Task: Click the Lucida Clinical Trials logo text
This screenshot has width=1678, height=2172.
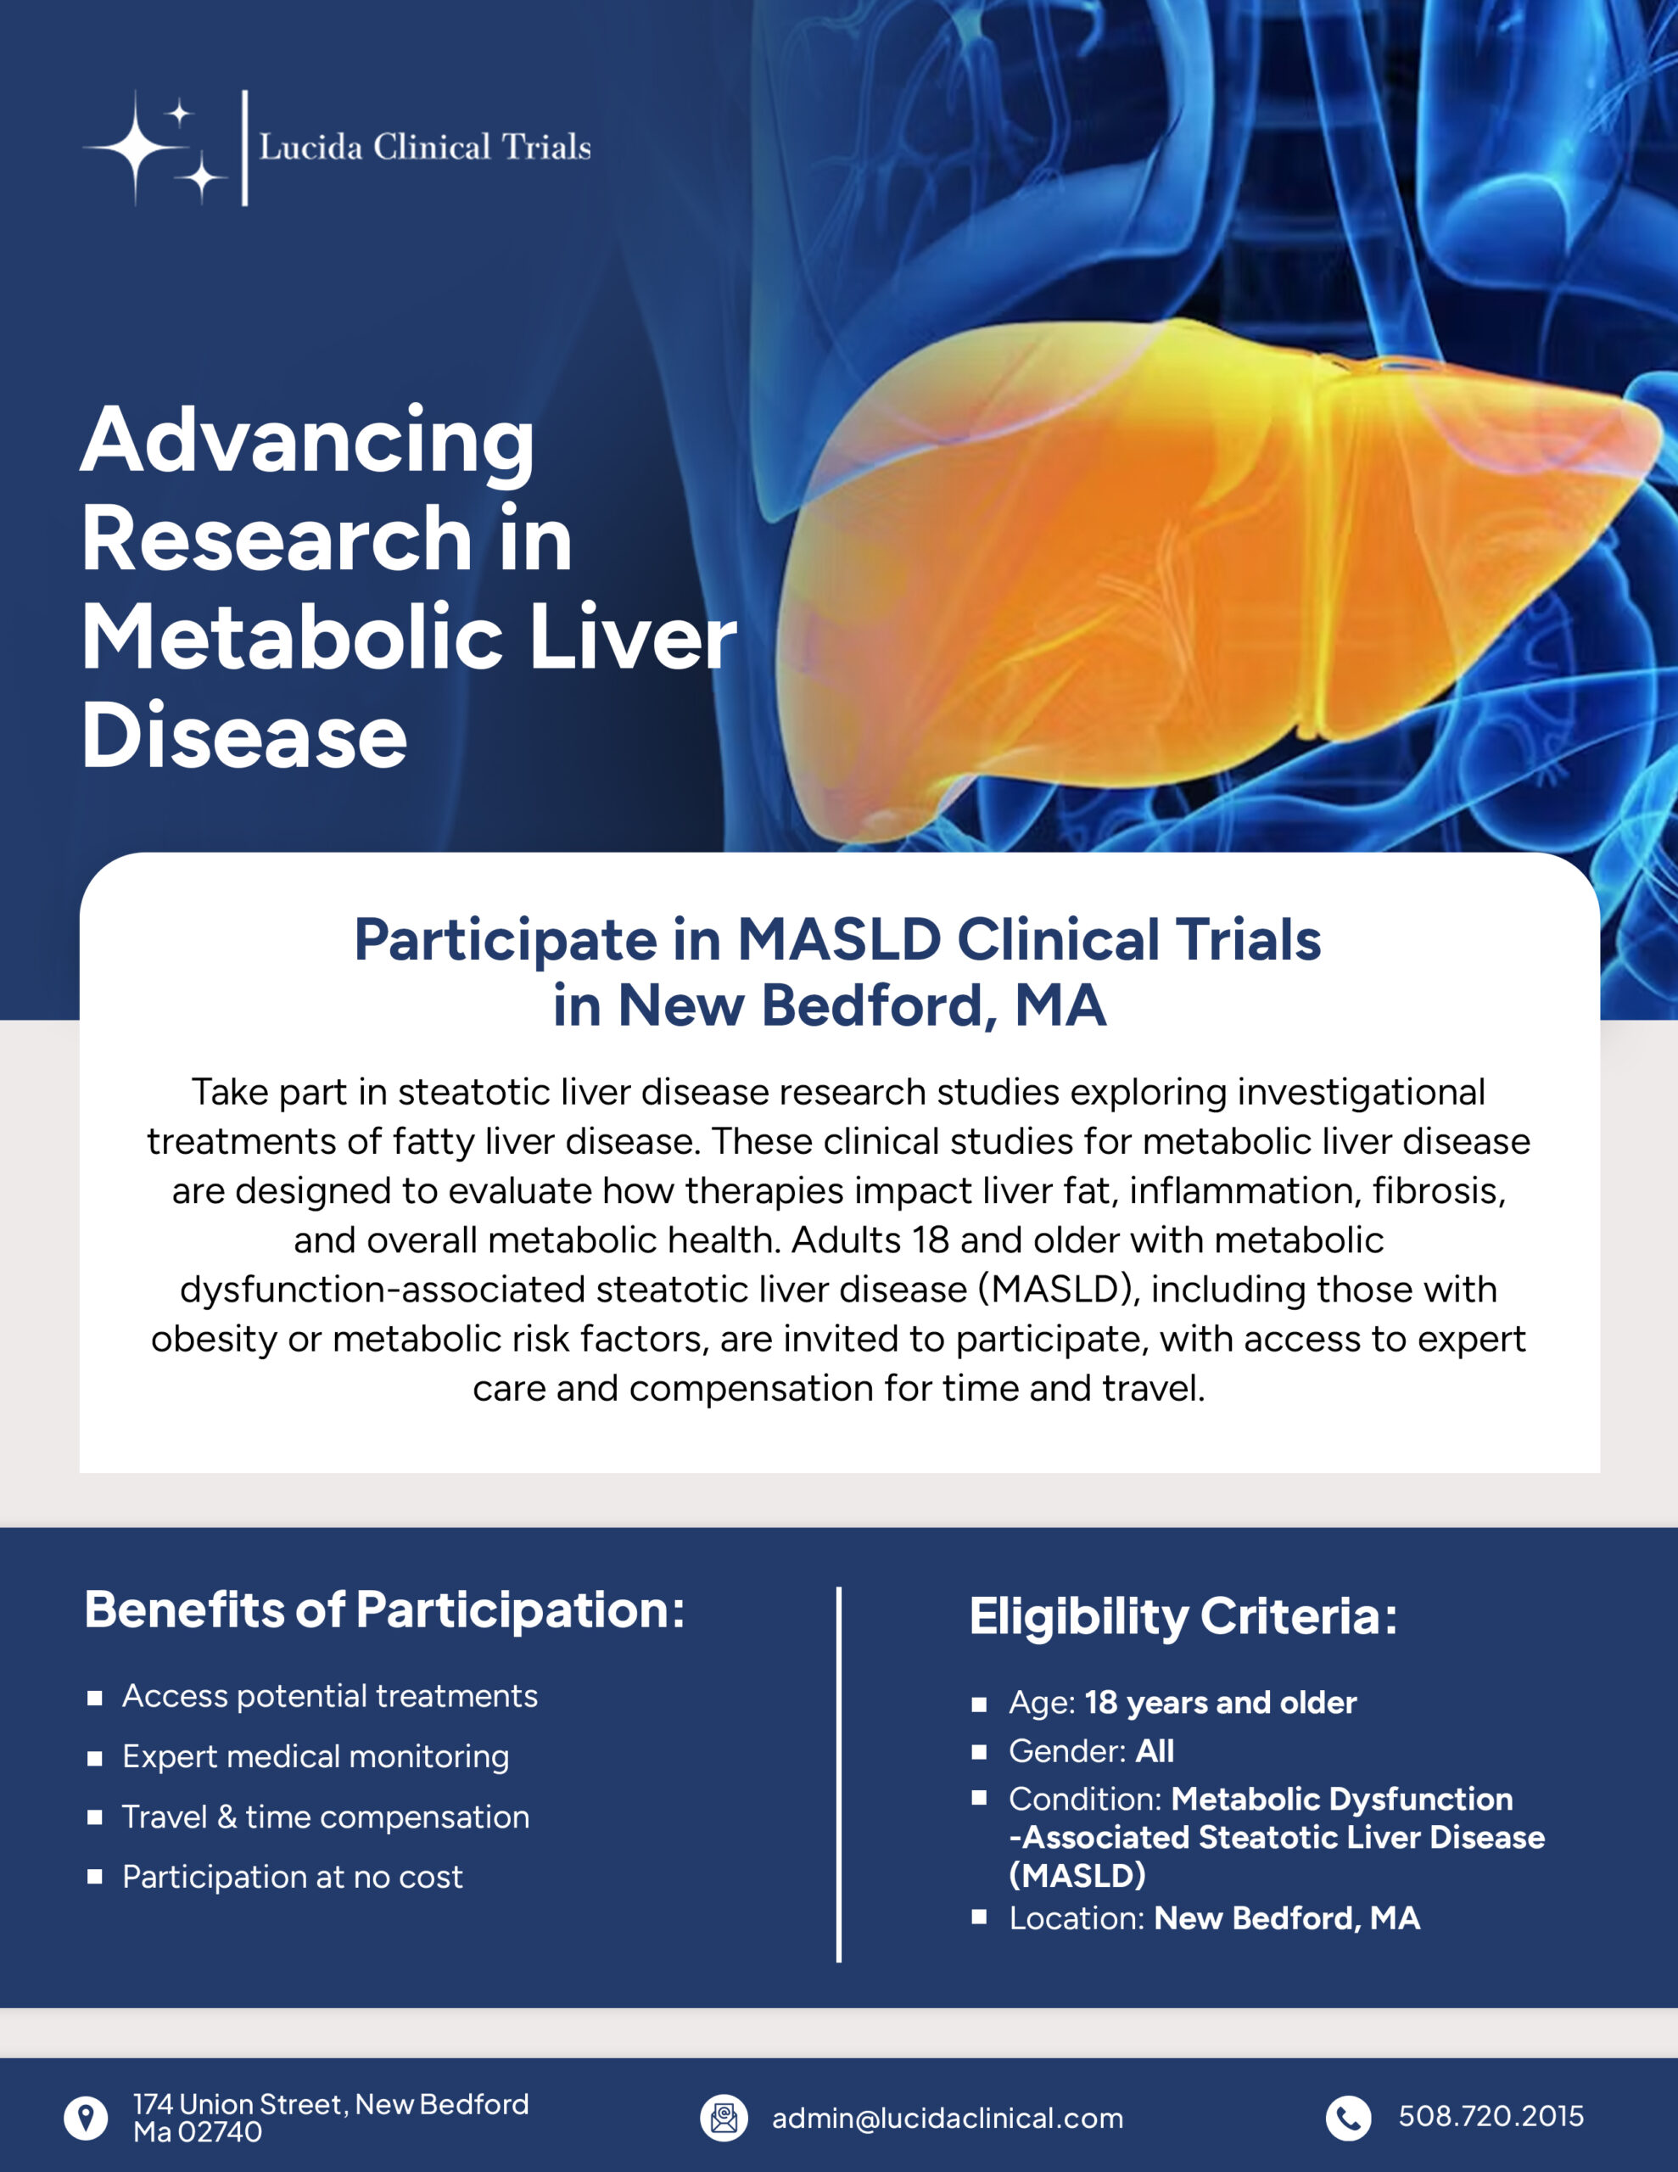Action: coord(425,147)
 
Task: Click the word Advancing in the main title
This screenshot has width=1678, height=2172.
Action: coord(307,440)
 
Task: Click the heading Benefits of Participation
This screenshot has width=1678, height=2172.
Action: coord(384,1610)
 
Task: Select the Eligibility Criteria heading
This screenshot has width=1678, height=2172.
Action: coord(1183,1616)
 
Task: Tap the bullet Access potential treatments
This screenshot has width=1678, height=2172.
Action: coord(329,1697)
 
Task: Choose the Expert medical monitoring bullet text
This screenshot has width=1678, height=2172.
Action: coord(316,1757)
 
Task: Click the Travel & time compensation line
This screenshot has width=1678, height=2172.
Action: coord(325,1817)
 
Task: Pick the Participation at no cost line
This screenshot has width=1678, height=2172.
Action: coord(293,1878)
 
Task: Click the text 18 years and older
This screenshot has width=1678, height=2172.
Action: coord(1221,1703)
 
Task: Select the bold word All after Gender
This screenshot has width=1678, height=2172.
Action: coord(1155,1751)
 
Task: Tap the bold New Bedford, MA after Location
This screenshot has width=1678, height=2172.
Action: coord(1287,1918)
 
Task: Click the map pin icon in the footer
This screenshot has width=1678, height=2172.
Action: coord(87,2119)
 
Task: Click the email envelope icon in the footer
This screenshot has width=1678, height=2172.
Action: coord(724,2119)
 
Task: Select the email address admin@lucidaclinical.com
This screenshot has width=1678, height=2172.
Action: coord(948,2119)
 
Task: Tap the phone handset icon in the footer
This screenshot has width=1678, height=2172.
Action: coord(1348,2119)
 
